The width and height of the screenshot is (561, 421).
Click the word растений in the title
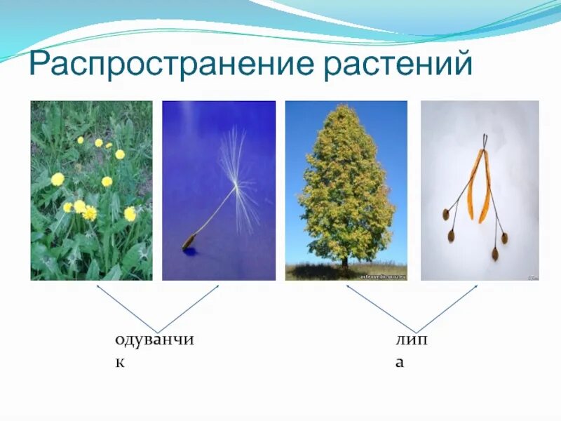point(398,64)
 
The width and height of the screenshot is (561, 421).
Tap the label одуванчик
point(154,351)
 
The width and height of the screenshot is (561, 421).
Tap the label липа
point(412,351)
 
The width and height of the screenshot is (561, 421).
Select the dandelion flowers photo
point(92,190)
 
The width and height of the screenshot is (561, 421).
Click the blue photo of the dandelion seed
point(219,190)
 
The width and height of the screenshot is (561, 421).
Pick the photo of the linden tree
point(346,190)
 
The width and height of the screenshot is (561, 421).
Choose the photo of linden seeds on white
point(480,190)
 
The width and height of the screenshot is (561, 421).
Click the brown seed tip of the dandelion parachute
point(189,241)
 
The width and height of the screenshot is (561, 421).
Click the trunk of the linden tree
point(344,262)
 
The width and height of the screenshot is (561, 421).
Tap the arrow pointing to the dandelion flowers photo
point(127,309)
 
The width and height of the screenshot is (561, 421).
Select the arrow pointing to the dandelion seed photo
point(188,309)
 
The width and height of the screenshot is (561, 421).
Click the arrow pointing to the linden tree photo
point(381,309)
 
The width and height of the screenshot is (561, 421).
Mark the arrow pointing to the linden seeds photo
point(447,309)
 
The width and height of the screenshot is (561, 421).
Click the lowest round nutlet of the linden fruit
point(495,254)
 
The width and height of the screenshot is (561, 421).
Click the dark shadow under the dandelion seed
point(190,251)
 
